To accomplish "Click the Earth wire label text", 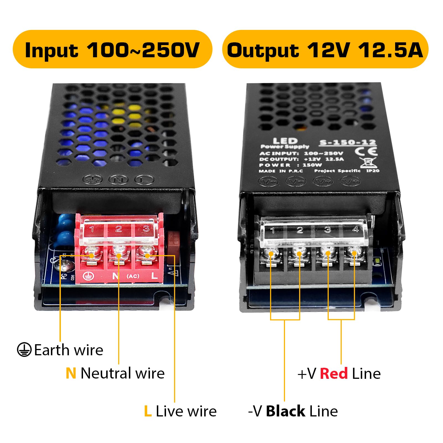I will coord(69,350).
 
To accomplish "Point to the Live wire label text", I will coord(186,411).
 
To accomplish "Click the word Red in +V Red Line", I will coord(334,374).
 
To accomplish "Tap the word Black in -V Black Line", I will coord(286,411).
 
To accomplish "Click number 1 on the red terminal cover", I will coord(92,229).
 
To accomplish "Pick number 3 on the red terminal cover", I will coord(146,229).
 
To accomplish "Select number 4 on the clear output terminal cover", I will coord(356,229).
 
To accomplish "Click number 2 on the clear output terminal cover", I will coord(300,230).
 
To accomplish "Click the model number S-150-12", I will coord(348,143).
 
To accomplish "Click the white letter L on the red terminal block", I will coord(154,276).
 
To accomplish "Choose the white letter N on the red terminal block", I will coord(115,276).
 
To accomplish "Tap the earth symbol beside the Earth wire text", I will coord(24,350).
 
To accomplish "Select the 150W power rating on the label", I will coord(312,165).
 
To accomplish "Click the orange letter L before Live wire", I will coord(148,411).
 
